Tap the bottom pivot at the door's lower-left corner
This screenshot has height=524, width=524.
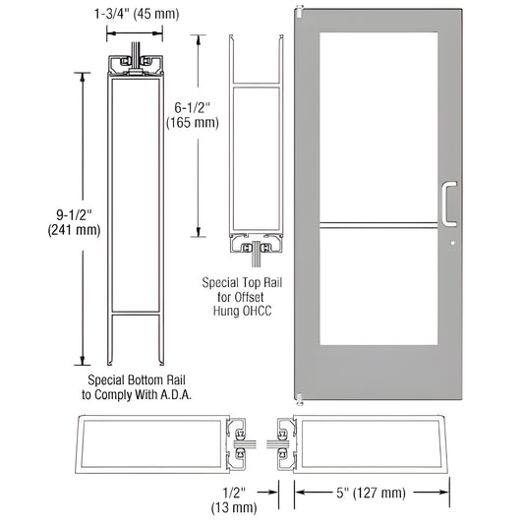(x=298, y=396)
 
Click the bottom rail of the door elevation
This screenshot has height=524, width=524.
(x=378, y=390)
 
